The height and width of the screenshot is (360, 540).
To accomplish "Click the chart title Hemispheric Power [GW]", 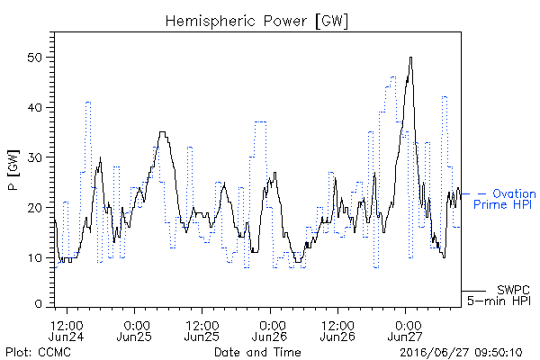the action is pos(256,21).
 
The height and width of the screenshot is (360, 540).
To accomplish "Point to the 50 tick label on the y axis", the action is pos(34,58).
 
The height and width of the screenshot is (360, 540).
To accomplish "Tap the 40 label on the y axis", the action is pos(34,107).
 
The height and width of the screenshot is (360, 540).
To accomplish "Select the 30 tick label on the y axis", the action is pos(34,157).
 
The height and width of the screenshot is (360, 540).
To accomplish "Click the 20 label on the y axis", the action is pos(34,208).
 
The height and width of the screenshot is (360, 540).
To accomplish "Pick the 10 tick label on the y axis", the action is pos(34,257).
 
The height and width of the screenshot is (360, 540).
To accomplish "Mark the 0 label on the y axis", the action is pos(38,304).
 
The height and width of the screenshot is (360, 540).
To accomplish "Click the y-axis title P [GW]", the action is pos(13,170).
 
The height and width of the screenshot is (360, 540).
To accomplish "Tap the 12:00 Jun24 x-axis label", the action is pos(67,330).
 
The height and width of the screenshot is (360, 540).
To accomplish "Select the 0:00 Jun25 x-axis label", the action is pos(134,330).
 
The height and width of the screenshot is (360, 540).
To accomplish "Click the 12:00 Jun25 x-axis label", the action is pos(202,330).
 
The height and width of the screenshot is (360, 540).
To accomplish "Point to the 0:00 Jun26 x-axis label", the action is pos(270,330).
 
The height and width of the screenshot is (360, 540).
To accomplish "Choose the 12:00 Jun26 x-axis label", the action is pos(337,330).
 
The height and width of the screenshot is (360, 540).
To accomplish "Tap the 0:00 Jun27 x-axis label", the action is pos(406,330).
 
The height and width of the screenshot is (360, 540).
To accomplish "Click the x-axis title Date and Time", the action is pos(257,353).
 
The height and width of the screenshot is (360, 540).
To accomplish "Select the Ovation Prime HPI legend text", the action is pos(505,199).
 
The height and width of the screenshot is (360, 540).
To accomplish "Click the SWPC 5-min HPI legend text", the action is pos(499,295).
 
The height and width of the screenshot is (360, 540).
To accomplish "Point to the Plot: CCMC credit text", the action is pos(38,353).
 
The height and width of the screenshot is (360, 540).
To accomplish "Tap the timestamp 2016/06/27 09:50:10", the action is pos(461,353).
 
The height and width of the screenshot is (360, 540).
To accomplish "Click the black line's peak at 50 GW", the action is pos(410,58).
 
